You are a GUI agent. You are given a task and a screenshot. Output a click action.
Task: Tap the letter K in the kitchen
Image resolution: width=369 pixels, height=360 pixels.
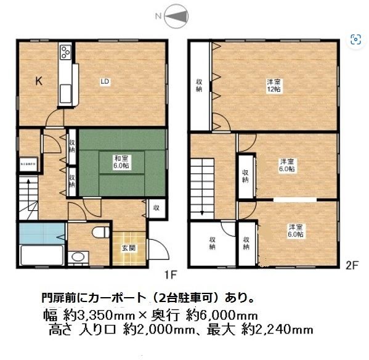[38, 80]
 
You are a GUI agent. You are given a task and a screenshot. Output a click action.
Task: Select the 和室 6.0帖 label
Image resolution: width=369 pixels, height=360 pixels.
[121, 162]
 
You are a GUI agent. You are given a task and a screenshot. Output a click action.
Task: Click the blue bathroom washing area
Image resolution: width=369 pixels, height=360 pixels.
[41, 234]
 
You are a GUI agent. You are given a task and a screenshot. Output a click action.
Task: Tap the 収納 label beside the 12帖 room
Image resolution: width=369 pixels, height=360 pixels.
[200, 86]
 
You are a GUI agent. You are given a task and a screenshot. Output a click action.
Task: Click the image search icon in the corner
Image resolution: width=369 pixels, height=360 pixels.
[355, 41]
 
